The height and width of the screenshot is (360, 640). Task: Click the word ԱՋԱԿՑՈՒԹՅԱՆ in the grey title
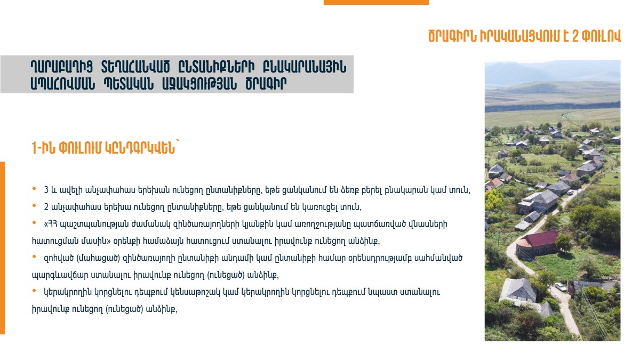tap(199, 84)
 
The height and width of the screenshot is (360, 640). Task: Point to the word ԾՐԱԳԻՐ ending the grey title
tap(266, 84)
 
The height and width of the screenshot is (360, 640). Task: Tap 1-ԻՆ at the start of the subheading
tap(43, 148)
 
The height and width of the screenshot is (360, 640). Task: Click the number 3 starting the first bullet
tap(46, 190)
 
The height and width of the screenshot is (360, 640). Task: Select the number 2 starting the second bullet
tap(46, 207)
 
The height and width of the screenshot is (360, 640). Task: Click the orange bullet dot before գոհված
tap(34, 257)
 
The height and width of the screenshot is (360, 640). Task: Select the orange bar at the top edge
tap(376, 2)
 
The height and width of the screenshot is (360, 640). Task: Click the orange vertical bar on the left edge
tap(2, 248)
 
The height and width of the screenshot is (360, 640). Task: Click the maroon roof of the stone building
tap(539, 238)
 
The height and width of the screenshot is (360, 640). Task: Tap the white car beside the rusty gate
tap(561, 286)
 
